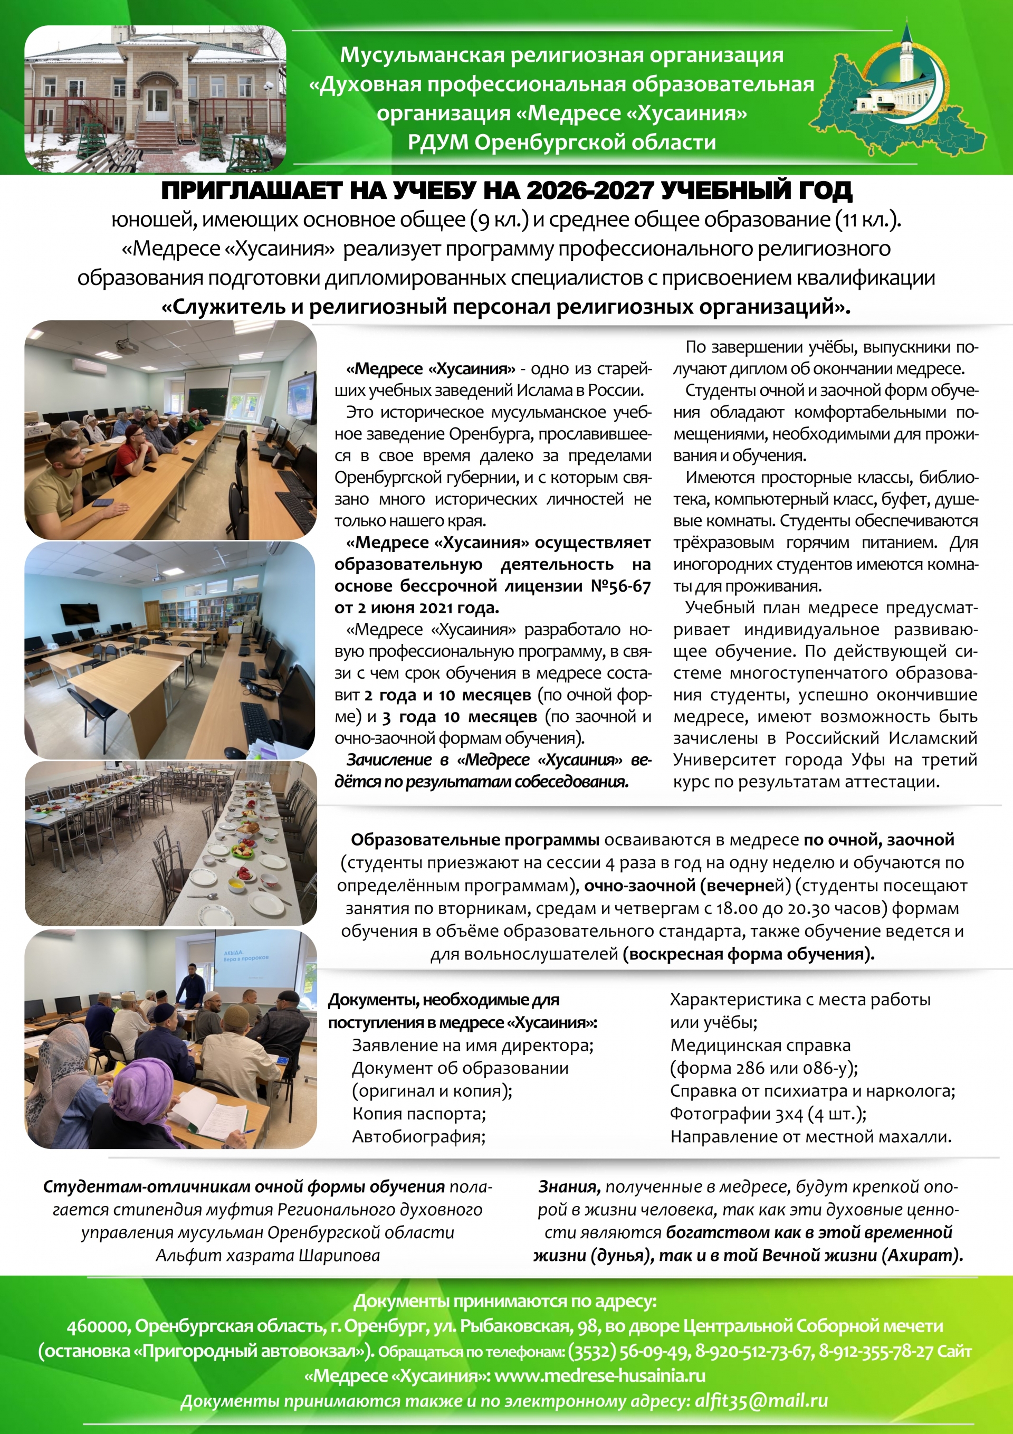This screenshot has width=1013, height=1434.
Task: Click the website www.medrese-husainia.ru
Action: coord(599,1376)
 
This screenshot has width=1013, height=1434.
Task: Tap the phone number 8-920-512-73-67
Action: coord(754,1352)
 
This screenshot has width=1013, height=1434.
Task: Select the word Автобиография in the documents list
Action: coord(418,1136)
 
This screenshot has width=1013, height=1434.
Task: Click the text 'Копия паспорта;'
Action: coord(418,1114)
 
